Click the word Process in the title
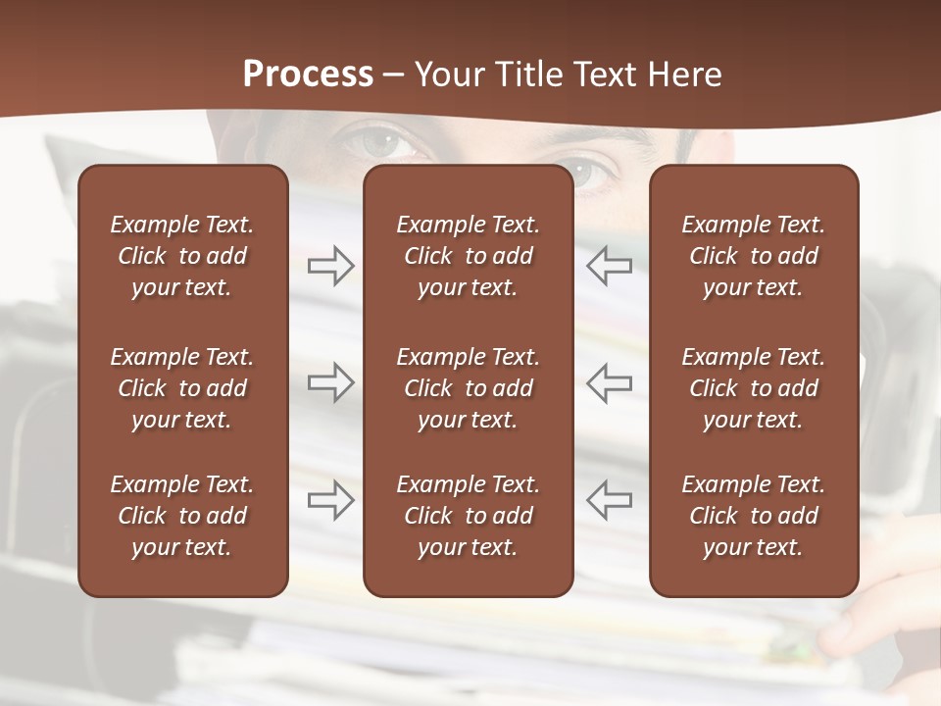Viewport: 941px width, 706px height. click(308, 74)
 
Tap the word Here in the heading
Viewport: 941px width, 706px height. click(682, 74)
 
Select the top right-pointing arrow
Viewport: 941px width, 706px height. click(330, 266)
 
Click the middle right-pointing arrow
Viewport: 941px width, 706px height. click(330, 382)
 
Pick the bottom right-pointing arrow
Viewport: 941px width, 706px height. click(330, 500)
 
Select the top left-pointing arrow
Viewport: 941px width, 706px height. click(609, 266)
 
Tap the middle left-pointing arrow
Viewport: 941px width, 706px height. click(609, 382)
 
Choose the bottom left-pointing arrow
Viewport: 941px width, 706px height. click(609, 500)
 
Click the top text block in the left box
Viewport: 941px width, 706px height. click(182, 256)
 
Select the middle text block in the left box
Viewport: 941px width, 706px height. click(182, 388)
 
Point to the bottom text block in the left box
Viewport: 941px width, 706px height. click(182, 516)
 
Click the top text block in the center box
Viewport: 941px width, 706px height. click(468, 256)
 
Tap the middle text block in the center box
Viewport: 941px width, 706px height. click(468, 388)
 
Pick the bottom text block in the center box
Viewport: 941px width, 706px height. click(468, 516)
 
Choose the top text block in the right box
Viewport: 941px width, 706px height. click(753, 256)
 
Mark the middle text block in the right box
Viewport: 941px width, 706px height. click(753, 388)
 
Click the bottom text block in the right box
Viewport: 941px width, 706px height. click(753, 516)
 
